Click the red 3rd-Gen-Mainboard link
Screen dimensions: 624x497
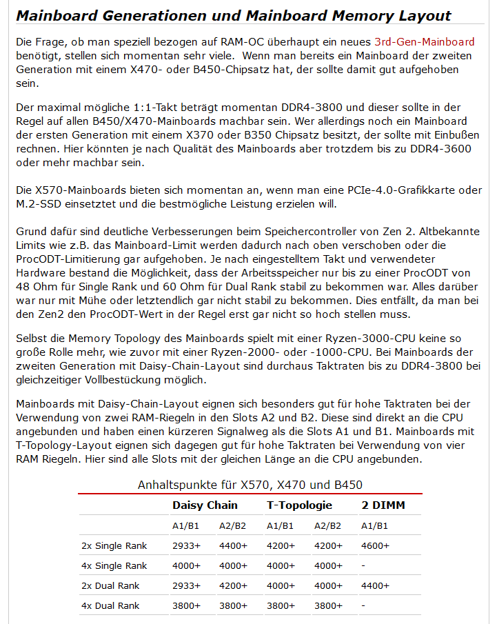point(424,43)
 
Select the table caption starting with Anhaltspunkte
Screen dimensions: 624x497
point(250,485)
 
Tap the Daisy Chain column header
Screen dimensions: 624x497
point(205,505)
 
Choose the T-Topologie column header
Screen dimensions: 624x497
point(300,505)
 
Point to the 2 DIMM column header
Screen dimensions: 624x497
point(383,505)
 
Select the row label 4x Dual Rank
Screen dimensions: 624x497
point(110,605)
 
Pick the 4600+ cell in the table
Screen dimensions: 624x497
point(375,546)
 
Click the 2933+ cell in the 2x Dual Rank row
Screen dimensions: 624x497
point(186,585)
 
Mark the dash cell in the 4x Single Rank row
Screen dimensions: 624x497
point(363,565)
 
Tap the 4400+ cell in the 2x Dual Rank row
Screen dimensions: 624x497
point(375,585)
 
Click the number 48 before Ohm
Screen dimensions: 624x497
point(23,285)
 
